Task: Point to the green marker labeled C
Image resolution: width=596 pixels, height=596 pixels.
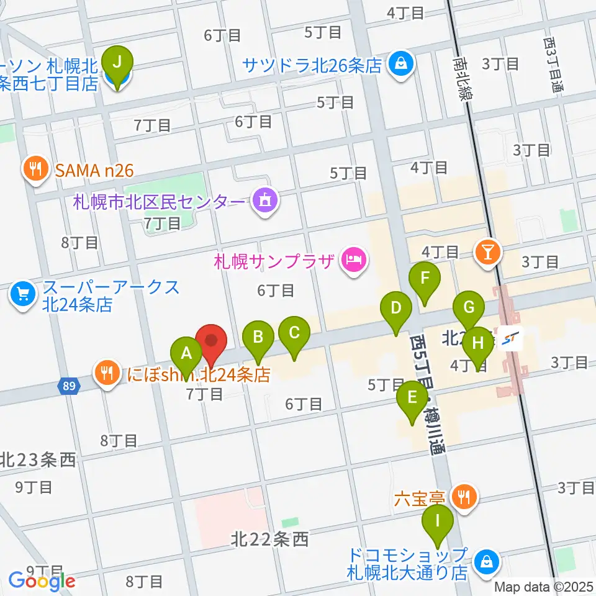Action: click(294, 335)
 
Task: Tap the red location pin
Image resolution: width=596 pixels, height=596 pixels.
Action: click(211, 343)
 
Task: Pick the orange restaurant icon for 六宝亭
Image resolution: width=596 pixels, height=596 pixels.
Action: click(464, 496)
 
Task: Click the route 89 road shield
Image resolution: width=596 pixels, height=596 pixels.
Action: click(70, 386)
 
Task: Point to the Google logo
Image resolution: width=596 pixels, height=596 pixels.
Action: click(42, 581)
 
